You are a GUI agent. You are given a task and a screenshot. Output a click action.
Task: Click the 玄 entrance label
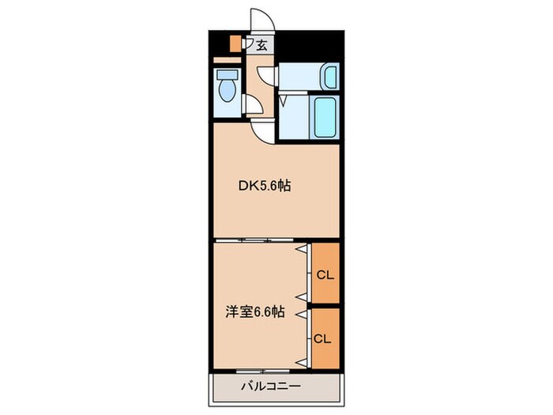261,46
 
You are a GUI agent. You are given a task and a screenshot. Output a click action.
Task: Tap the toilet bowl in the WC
228,90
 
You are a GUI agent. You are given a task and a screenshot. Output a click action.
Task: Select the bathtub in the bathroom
325,117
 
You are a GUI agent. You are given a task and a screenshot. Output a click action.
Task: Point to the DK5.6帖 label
265,187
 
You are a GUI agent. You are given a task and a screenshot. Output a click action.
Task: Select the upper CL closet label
325,276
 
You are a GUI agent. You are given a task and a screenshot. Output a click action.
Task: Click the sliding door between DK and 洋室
257,239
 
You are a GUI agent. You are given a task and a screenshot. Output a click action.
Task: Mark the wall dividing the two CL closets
325,304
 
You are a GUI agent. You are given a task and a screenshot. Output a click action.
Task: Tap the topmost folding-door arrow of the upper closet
301,248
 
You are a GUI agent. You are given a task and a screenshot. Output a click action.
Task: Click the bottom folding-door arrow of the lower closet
301,361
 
